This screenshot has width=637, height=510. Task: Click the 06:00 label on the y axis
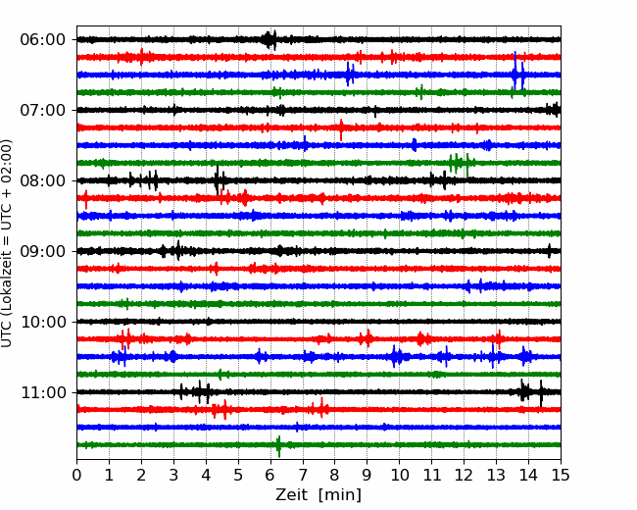pos(43,40)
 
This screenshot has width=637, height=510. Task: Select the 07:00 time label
pos(43,110)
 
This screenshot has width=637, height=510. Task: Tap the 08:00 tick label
pos(43,180)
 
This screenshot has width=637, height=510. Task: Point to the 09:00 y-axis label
pos(43,251)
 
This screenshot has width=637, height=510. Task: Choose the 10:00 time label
pos(43,322)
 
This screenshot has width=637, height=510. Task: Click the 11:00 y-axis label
pos(43,392)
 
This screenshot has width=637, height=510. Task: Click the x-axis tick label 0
pos(76,475)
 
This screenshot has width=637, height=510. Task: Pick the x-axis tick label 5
pos(238,475)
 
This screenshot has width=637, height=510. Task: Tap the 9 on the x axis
pos(367,475)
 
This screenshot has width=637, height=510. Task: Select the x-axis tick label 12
pos(464,475)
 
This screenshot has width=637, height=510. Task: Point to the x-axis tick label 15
pos(561,475)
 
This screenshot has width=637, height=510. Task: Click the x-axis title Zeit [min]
pos(318,494)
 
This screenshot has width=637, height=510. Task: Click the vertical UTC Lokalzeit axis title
pos(6,243)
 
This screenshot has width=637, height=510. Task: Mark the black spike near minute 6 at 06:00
pos(269,40)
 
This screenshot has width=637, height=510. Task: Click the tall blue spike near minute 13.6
pos(515,71)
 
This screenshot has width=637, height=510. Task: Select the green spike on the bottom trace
pos(278,446)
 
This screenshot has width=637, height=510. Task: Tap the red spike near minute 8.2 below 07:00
pos(341,129)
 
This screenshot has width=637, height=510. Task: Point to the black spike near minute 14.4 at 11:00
pos(541,393)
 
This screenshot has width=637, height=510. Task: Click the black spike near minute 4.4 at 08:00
pos(218,179)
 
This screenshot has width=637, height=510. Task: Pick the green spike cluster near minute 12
pos(460,164)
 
